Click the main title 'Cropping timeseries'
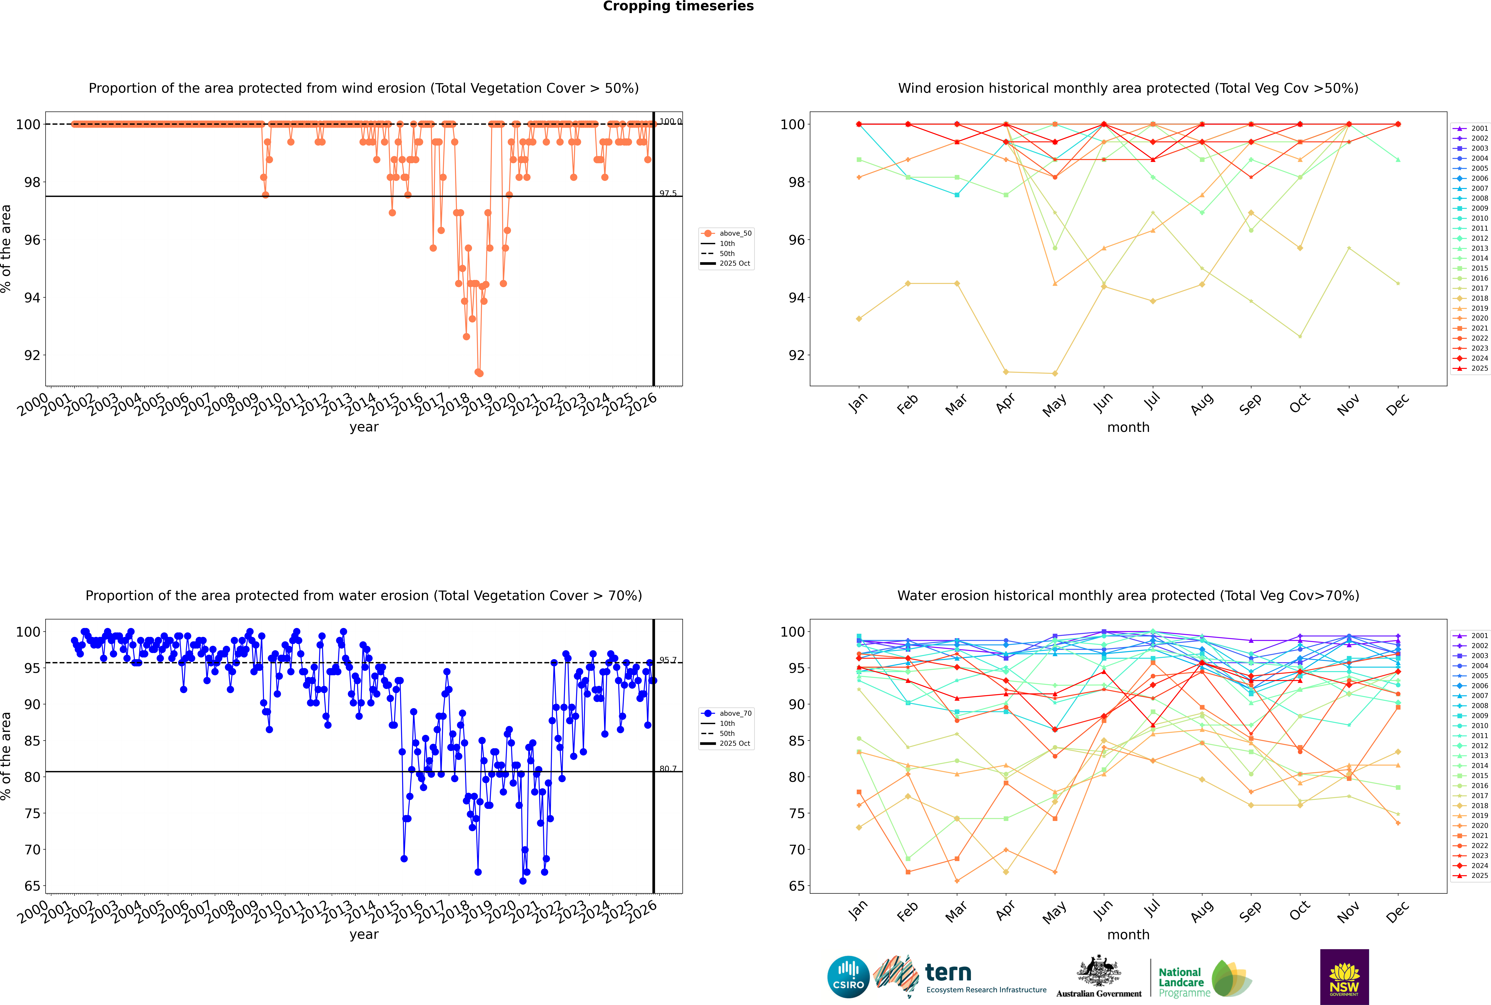[678, 6]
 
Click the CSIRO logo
[848, 977]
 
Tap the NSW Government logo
[1344, 976]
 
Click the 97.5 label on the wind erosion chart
[668, 194]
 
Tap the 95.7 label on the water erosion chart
[668, 660]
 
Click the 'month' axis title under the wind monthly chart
[1128, 428]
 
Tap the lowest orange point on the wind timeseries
[479, 373]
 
